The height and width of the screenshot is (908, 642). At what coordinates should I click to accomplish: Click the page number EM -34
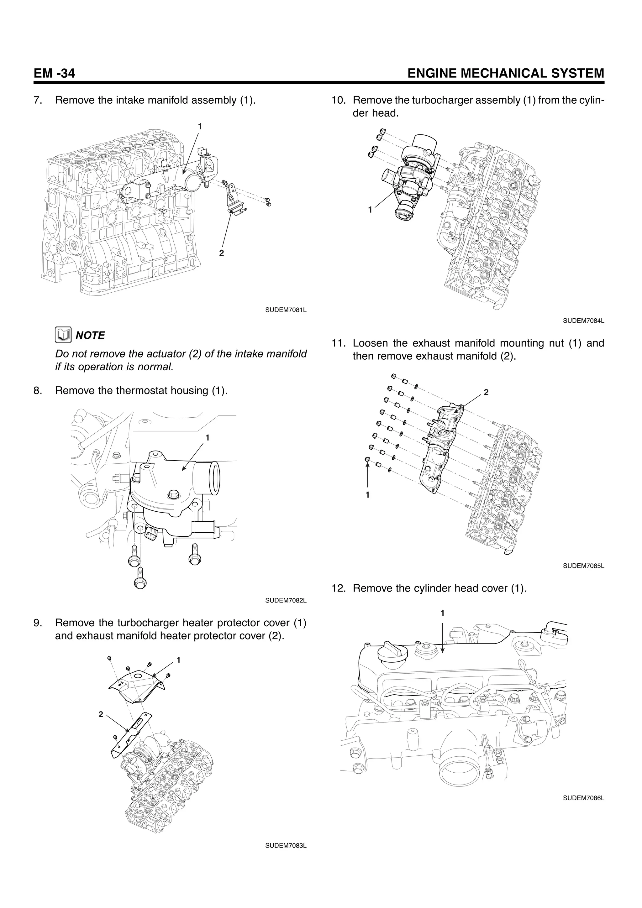(54, 74)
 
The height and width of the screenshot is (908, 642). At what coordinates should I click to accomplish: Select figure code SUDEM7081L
(286, 309)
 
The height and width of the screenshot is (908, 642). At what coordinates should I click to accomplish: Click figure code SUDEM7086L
(583, 798)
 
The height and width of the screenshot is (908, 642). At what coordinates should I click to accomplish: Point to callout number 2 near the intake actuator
(222, 253)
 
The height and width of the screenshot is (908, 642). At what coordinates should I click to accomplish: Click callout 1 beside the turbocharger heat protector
(178, 660)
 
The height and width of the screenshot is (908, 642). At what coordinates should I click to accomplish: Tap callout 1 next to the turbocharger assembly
(370, 210)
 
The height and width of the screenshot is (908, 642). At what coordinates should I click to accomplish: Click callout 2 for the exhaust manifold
(486, 392)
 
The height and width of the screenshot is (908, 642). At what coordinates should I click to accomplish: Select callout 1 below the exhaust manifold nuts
(367, 494)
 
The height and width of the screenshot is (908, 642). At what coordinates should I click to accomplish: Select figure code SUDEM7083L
(286, 846)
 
